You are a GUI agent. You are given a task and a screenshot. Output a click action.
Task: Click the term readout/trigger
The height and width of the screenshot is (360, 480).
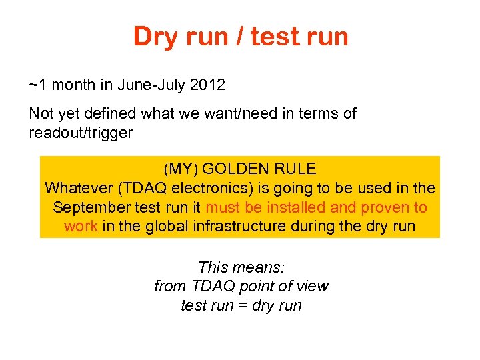81,133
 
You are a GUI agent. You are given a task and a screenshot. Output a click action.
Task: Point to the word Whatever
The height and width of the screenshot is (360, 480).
75,188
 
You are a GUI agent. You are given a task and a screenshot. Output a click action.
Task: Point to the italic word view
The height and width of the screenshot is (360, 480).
312,287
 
